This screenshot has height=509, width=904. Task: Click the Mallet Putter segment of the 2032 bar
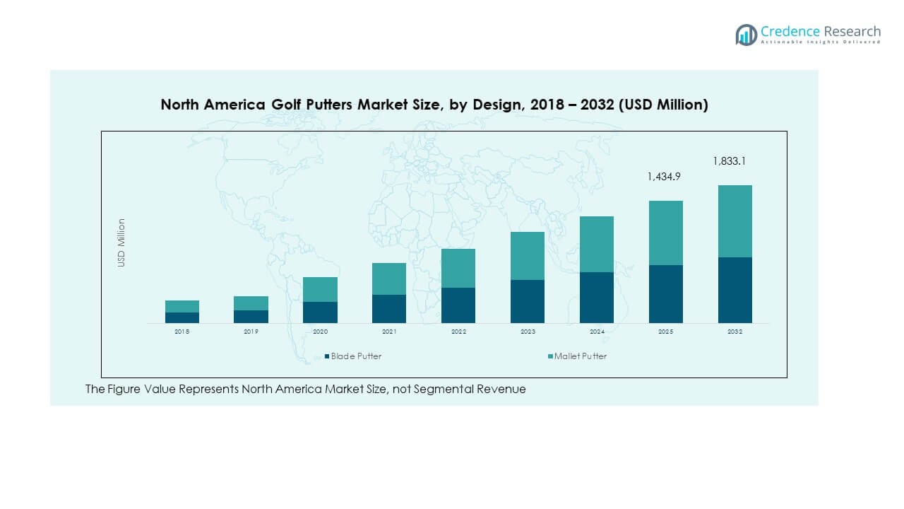point(734,221)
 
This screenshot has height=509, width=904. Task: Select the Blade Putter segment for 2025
point(665,294)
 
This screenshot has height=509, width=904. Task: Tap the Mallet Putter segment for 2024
point(596,244)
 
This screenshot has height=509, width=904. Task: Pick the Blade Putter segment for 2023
point(527,301)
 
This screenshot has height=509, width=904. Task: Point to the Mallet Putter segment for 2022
point(458,268)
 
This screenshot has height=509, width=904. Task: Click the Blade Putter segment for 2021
point(388,309)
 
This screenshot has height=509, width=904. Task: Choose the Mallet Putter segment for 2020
point(319,289)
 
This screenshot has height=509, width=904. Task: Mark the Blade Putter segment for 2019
point(251,317)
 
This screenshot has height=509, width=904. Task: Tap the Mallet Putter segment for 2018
point(182,306)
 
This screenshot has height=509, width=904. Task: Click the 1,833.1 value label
point(729,161)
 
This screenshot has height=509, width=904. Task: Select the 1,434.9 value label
point(664,177)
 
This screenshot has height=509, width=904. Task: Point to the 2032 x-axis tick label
point(734,332)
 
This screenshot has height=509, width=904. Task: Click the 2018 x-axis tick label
point(182,332)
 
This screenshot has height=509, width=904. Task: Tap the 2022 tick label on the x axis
point(458,332)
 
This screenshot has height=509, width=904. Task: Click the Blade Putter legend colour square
point(327,356)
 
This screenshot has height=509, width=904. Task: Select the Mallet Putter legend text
point(581,356)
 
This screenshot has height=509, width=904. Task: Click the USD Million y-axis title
point(121,242)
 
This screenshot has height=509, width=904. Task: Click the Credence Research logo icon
point(746,35)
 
